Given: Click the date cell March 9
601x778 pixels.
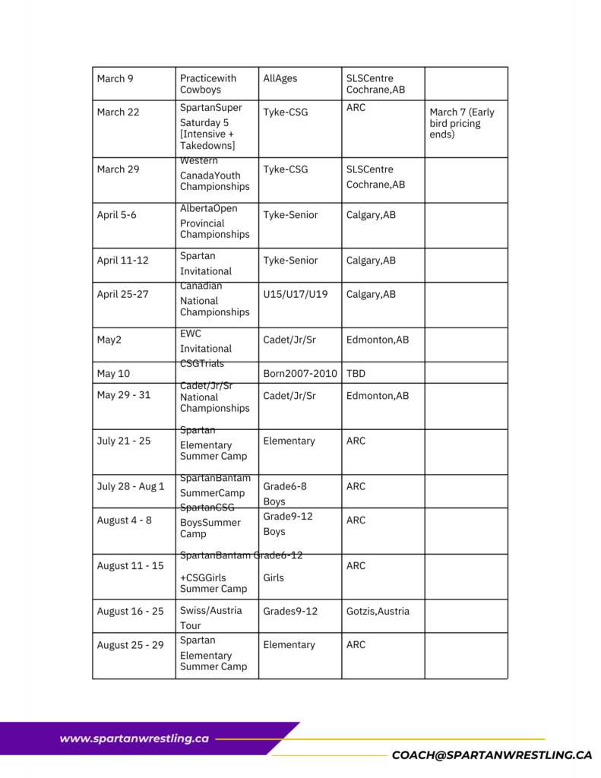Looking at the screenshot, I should click(115, 78).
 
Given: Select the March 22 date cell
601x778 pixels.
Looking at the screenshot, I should click(118, 112).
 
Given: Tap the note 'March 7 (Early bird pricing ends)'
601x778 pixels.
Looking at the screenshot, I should click(462, 123).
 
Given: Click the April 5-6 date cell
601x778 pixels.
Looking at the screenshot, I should click(117, 215).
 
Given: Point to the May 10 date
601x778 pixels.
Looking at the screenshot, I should click(113, 373).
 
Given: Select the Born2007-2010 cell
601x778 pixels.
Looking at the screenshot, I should click(299, 373).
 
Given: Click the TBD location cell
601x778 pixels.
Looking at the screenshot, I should click(356, 373).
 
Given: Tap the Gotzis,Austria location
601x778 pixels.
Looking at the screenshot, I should click(378, 611).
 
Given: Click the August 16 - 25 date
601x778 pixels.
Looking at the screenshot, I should click(130, 611).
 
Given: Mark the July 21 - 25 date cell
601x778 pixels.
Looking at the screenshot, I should click(125, 441).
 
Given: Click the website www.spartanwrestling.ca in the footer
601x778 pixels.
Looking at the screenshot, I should click(134, 738).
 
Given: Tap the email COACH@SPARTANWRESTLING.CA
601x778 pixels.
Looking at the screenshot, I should click(491, 755).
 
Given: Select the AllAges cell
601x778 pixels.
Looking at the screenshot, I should click(280, 78).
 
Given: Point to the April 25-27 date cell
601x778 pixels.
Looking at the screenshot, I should click(122, 294).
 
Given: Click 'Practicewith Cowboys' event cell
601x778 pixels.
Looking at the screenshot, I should click(208, 84).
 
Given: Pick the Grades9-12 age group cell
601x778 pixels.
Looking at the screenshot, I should click(290, 611).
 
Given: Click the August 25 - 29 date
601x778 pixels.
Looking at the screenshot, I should click(130, 645).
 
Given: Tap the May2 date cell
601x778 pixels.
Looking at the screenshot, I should click(109, 340).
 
